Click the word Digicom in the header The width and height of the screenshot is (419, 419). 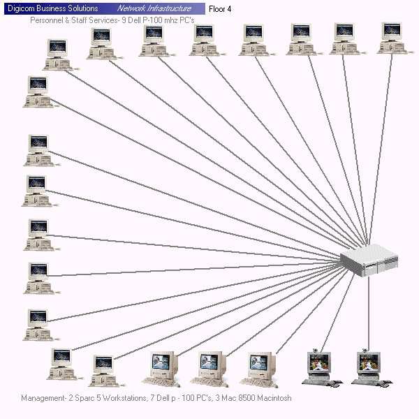coord(22,8)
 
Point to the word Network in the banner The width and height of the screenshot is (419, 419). coord(132,8)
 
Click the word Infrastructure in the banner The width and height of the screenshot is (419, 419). coord(170,8)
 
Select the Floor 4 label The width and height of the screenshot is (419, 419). coord(220,9)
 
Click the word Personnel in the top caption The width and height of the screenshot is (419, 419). coord(47,20)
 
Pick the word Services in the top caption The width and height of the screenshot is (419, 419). coord(98,20)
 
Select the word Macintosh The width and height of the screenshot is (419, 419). coord(274,398)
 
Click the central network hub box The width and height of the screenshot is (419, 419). coord(369,260)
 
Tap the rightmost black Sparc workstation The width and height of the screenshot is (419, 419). coord(368,367)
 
